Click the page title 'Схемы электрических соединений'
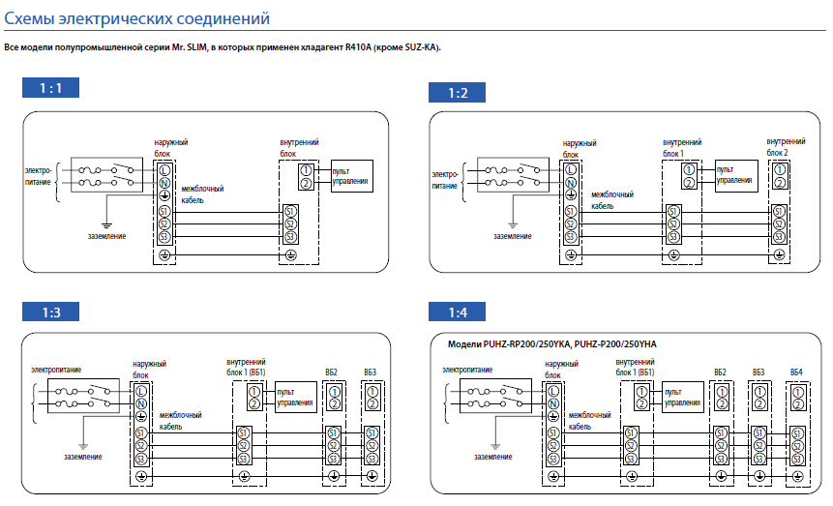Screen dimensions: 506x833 pos(137,18)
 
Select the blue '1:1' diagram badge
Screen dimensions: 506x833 pos(51,88)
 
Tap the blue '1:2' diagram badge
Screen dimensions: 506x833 pos(457,92)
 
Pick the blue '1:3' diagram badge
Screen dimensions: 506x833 pos(51,312)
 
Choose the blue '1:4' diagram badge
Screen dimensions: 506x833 pos(457,312)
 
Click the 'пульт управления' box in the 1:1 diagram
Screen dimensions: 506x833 pos(350,176)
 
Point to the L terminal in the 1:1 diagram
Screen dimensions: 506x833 pos(164,170)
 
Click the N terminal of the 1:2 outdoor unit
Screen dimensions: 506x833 pos(571,183)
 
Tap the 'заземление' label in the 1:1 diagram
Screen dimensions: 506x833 pos(105,236)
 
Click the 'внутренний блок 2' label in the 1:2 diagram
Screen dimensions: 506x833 pos(785,147)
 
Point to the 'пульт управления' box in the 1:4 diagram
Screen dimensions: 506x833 pos(684,398)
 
